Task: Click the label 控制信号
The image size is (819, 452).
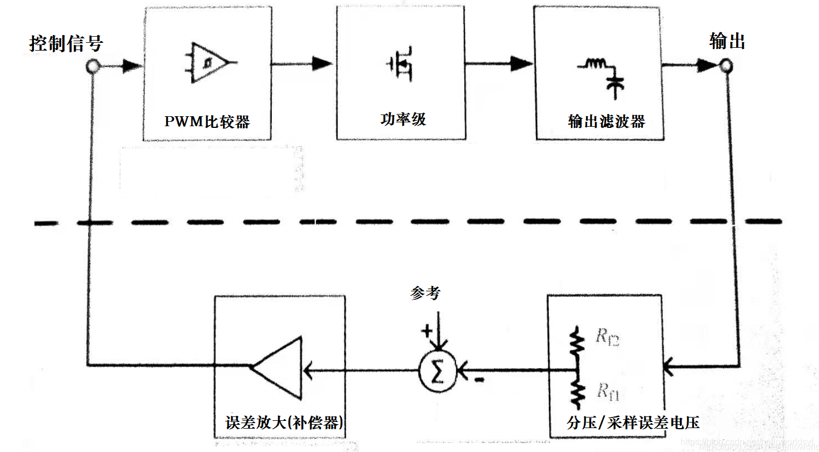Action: [x=66, y=43]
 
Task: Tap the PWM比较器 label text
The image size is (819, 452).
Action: [x=207, y=122]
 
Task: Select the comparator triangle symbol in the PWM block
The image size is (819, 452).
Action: [x=208, y=62]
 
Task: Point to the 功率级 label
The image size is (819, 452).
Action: [x=403, y=119]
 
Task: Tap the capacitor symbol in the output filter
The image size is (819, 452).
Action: [x=615, y=85]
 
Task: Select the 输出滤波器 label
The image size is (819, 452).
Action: [x=606, y=121]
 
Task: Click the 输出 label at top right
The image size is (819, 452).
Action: [x=727, y=41]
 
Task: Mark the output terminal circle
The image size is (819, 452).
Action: [x=726, y=66]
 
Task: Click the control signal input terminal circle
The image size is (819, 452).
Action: [x=93, y=67]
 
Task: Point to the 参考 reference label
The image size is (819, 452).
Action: [x=425, y=293]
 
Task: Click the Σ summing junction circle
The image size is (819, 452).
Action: [x=438, y=370]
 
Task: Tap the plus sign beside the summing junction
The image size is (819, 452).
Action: [x=426, y=331]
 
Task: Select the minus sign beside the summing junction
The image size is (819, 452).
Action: [x=479, y=380]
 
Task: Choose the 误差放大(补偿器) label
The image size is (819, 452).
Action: [x=284, y=423]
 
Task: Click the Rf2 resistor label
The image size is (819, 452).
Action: [x=607, y=336]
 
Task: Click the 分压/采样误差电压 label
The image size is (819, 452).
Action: [x=633, y=423]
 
